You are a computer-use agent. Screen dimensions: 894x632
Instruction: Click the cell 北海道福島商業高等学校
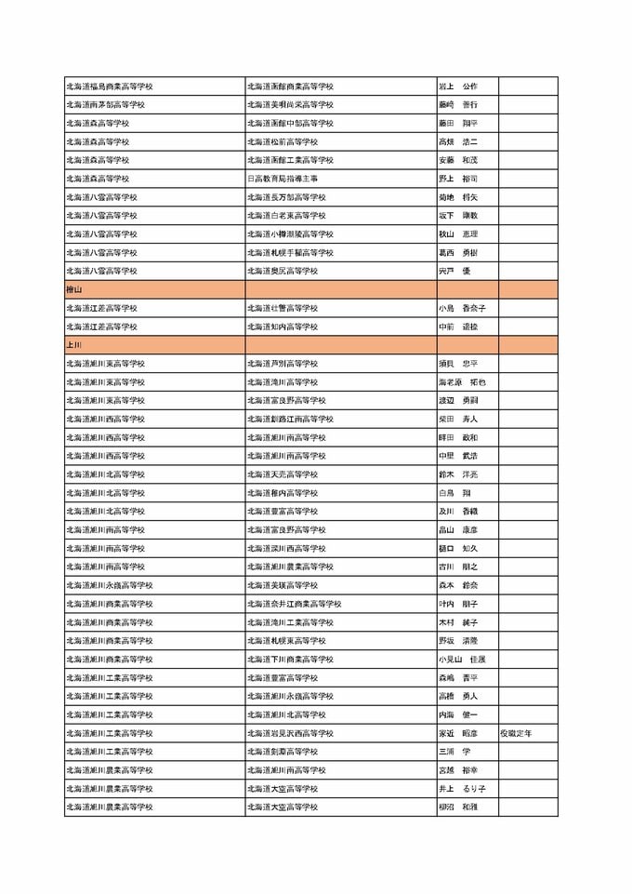(x=110, y=87)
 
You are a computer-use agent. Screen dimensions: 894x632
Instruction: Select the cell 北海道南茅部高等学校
(x=105, y=105)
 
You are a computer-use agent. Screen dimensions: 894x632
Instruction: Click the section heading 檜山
(x=74, y=289)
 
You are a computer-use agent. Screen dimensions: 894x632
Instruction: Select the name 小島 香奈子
(x=461, y=308)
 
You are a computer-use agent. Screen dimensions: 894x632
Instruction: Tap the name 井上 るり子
(x=461, y=789)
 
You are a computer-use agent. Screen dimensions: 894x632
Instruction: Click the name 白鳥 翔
(x=455, y=493)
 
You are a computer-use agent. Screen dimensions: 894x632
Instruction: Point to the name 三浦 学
(x=455, y=752)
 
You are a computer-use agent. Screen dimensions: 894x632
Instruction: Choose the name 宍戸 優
(x=455, y=271)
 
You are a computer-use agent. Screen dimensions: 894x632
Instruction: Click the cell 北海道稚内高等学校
(x=283, y=493)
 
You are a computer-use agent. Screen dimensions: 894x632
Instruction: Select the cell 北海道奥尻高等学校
(x=283, y=271)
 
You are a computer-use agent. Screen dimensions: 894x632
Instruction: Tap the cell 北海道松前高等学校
(x=283, y=141)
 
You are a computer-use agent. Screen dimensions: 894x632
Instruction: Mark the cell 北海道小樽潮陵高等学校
(x=290, y=234)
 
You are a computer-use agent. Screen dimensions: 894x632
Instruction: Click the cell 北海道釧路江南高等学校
(x=290, y=419)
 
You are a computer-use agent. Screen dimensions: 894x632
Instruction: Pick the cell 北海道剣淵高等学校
(x=283, y=752)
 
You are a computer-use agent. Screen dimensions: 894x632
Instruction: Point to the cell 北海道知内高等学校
(x=283, y=327)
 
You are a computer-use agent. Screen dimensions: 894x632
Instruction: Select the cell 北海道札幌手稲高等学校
(x=290, y=252)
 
